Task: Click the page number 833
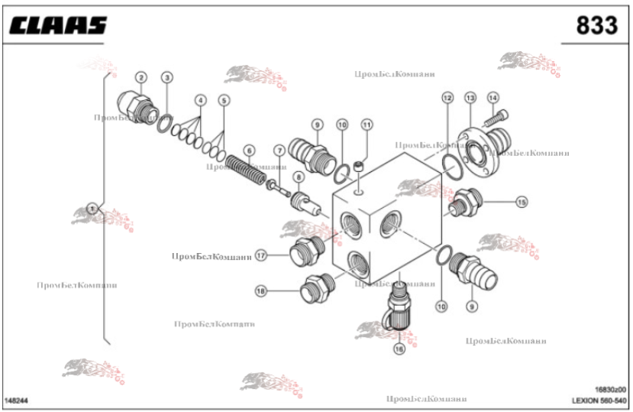(x=596, y=25)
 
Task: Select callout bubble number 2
(x=141, y=76)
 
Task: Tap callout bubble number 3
(x=167, y=76)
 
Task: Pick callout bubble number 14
(x=493, y=98)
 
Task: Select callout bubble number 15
(x=522, y=202)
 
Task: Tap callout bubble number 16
(x=399, y=349)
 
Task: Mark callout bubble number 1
(x=92, y=207)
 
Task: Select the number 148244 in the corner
(x=17, y=400)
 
